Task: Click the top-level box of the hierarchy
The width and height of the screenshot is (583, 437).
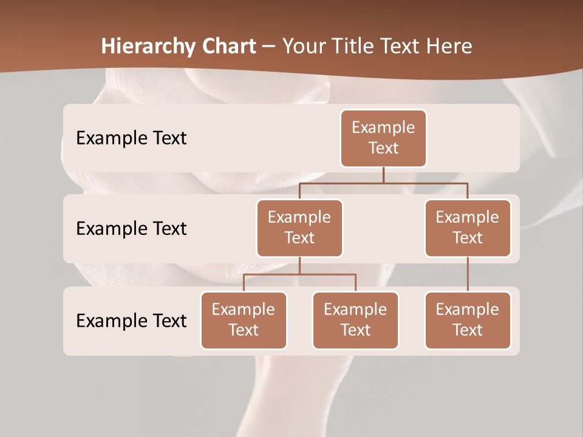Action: tap(383, 138)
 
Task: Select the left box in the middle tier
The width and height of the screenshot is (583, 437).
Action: tap(299, 228)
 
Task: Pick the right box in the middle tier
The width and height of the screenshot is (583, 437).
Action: tap(468, 228)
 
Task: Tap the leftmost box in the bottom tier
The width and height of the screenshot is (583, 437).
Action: tap(244, 320)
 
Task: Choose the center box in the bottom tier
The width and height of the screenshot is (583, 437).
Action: tap(355, 320)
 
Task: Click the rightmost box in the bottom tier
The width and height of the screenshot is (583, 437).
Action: tap(468, 320)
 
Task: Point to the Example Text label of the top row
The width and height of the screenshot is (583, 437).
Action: tap(131, 138)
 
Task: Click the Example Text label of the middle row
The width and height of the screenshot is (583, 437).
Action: tap(131, 228)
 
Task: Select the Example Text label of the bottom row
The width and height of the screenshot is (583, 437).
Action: tap(131, 320)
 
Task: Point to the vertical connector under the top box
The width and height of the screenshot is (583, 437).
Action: tap(383, 175)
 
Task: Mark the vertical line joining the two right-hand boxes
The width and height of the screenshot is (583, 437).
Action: tap(468, 274)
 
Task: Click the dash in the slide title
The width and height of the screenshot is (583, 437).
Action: tap(269, 47)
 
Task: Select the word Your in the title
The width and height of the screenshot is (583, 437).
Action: tap(304, 46)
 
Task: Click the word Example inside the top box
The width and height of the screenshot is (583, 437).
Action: tap(383, 127)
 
